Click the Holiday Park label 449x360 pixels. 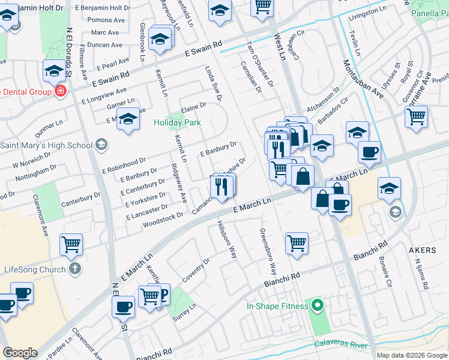(x=177, y=122)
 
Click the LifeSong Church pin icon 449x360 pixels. (x=74, y=269)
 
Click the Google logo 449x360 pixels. (x=20, y=353)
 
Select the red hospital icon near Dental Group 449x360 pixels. (x=61, y=91)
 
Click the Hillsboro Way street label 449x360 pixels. (x=227, y=238)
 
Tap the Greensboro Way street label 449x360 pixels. (x=268, y=251)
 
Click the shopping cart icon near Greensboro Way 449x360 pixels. (x=297, y=242)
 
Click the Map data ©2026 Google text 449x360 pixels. (x=412, y=355)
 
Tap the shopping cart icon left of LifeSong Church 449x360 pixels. (x=71, y=244)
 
